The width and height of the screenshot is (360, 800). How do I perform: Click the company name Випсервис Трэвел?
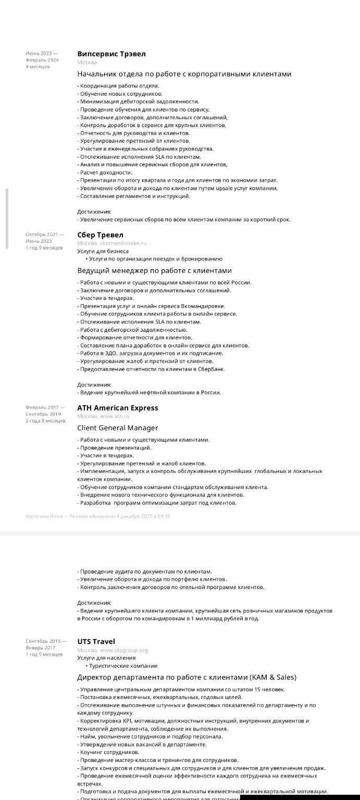[111, 54]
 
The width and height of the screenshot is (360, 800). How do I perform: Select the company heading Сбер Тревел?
[100, 235]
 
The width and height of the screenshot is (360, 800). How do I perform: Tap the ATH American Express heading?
[117, 408]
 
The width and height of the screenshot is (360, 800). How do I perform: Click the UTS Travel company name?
[96, 642]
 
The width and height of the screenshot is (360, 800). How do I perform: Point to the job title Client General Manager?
[117, 428]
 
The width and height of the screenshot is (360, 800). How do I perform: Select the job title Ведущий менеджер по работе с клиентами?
[154, 270]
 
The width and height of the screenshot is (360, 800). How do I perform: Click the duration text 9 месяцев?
[38, 67]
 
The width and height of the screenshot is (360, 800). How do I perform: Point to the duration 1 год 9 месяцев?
[44, 248]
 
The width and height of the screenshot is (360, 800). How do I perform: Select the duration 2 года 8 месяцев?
[45, 421]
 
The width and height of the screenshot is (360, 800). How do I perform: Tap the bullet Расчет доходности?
[106, 172]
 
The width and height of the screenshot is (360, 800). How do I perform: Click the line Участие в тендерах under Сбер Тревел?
[106, 298]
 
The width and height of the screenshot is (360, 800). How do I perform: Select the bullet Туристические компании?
[123, 666]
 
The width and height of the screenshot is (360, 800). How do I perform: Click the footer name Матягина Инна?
[44, 517]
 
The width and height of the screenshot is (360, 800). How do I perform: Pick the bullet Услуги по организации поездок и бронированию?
[155, 259]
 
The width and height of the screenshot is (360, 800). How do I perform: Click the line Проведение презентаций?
[115, 447]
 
